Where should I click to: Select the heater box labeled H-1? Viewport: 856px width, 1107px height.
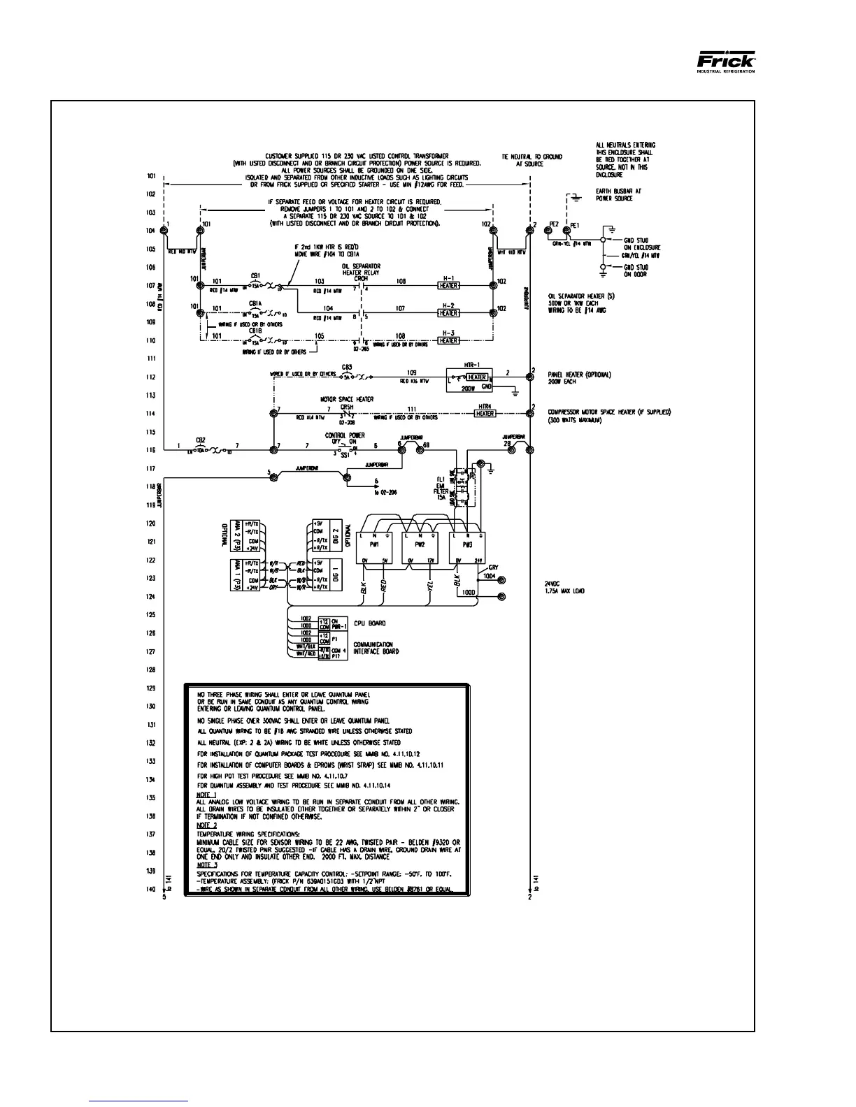click(x=448, y=286)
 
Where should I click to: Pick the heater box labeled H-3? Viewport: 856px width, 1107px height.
click(x=448, y=341)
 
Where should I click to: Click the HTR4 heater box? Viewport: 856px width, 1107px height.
click(x=485, y=414)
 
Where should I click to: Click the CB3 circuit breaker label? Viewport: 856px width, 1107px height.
click(x=347, y=367)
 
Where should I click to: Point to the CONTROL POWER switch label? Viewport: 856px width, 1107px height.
click(x=341, y=436)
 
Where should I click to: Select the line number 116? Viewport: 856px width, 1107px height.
click(x=150, y=450)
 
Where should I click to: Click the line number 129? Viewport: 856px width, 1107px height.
click(x=150, y=688)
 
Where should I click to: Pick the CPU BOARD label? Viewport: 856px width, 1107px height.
click(x=369, y=623)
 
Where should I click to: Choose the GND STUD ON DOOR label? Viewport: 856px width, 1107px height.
click(x=636, y=270)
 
